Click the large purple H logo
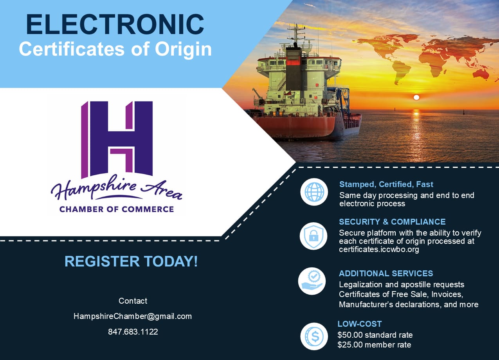[117, 140]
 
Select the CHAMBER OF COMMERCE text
[117, 209]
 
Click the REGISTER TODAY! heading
[131, 261]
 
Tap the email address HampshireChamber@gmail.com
[133, 316]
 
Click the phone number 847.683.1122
[133, 332]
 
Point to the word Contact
[133, 301]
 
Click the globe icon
[314, 192]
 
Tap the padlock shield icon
[313, 236]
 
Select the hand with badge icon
[312, 281]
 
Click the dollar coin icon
[314, 337]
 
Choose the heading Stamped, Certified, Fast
[386, 184]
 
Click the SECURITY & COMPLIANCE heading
[392, 221]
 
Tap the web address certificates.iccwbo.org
[379, 249]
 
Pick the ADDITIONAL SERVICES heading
[386, 274]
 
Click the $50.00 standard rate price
[375, 335]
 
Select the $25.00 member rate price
[374, 345]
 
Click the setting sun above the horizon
[416, 97]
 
